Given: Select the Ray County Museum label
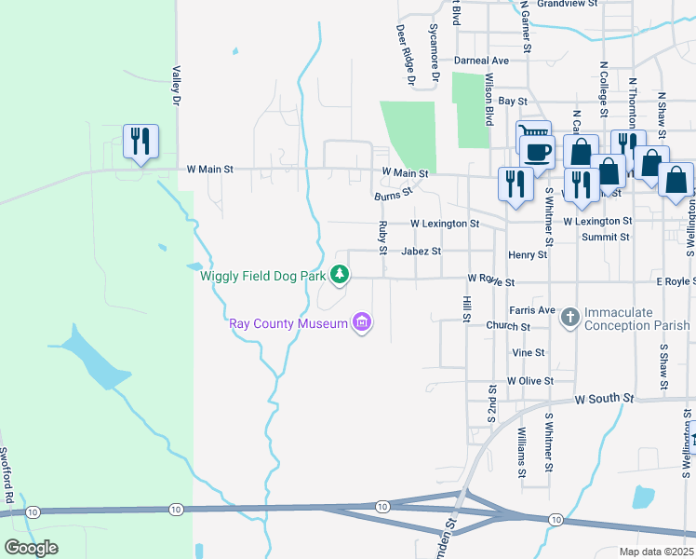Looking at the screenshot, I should (x=288, y=323).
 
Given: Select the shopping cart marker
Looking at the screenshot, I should (x=532, y=135).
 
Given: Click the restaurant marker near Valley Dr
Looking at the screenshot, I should (x=141, y=141).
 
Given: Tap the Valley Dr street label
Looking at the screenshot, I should (x=174, y=84).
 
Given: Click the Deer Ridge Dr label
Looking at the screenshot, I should (x=406, y=56).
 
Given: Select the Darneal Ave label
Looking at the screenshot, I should (x=481, y=61).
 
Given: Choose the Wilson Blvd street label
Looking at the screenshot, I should (x=489, y=101).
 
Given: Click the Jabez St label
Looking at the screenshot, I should (x=421, y=252).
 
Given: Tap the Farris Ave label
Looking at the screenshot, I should (x=532, y=310).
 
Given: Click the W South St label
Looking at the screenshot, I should (x=604, y=399).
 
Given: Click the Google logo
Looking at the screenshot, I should (x=32, y=548).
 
